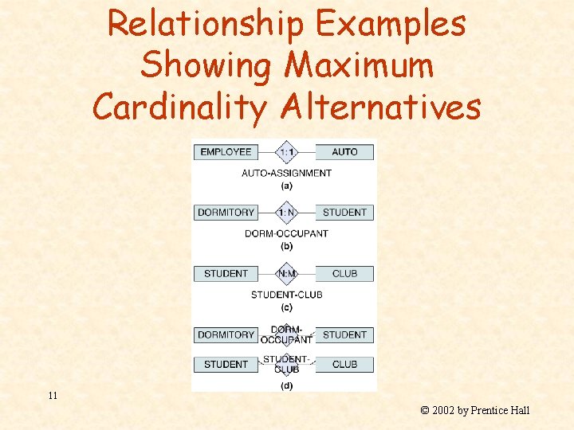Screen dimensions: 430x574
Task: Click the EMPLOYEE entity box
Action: click(226, 152)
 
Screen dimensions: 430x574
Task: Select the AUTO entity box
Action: click(344, 152)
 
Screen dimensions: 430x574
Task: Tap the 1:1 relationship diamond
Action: click(286, 152)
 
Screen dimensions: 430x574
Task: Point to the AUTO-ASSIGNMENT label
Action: click(286, 173)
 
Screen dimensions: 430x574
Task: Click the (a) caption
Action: click(286, 186)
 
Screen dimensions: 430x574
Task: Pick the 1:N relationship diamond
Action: click(286, 213)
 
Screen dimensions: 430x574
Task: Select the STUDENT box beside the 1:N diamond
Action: click(344, 213)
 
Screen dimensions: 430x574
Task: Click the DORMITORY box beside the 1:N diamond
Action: click(226, 213)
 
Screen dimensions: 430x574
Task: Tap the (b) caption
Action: click(286, 246)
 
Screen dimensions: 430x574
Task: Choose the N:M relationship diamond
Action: click(286, 274)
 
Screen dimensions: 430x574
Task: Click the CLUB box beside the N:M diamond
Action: click(344, 274)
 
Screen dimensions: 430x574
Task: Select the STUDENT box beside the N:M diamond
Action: click(226, 274)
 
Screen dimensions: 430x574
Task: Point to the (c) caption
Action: click(286, 307)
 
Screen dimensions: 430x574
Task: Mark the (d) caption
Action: click(286, 386)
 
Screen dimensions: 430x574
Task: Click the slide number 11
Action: click(53, 396)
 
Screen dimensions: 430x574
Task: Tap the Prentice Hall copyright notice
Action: click(474, 411)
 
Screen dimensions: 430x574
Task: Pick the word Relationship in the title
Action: click(206, 24)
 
